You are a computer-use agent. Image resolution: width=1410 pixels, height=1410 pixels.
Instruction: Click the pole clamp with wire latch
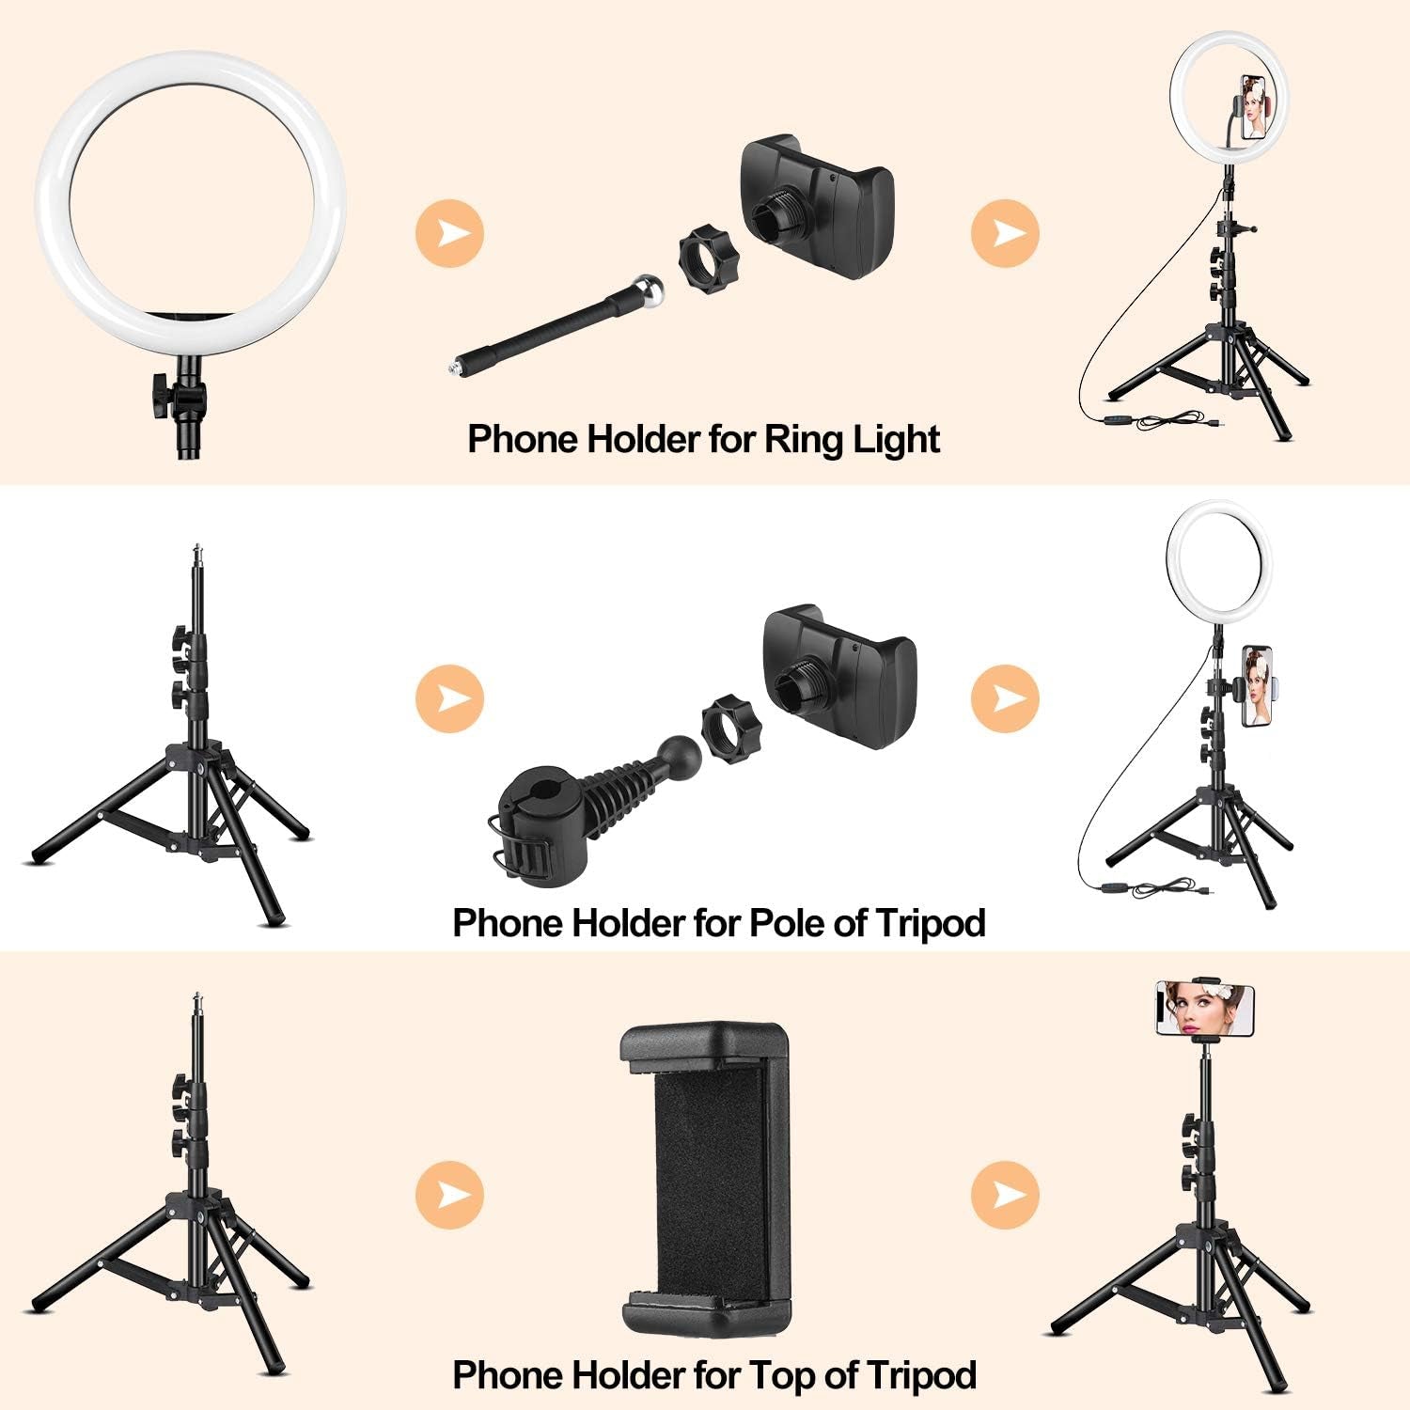[x=533, y=832]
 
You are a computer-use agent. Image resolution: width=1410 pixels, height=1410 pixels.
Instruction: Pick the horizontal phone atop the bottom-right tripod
[x=1205, y=1010]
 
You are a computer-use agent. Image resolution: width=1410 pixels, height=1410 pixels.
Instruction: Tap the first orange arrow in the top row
[x=449, y=231]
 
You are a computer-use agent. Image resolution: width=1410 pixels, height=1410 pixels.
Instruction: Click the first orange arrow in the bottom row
[x=449, y=1195]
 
